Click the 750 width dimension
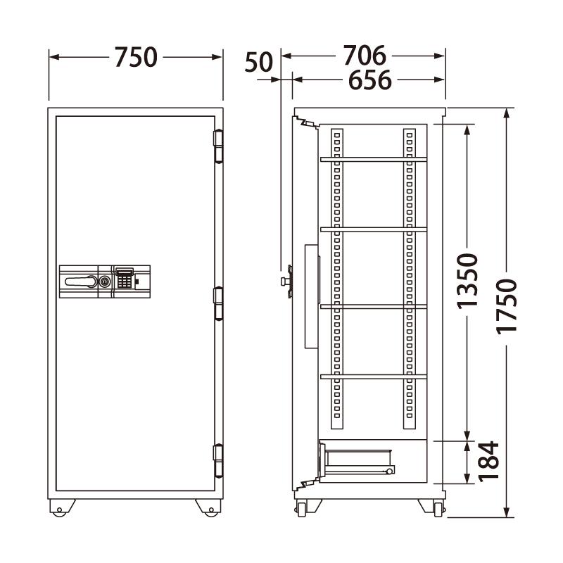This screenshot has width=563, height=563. (136, 57)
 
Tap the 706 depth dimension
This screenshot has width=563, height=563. (365, 56)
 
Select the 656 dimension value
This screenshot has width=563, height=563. (370, 80)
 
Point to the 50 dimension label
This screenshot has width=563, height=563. (258, 62)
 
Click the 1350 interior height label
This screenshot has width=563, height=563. (467, 281)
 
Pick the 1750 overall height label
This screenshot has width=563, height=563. (507, 307)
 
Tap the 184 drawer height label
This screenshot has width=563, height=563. (488, 462)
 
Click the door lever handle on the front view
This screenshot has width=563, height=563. (81, 281)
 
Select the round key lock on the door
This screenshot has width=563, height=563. (105, 281)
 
